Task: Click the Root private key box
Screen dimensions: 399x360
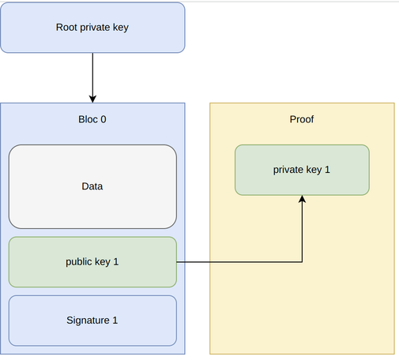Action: click(x=92, y=28)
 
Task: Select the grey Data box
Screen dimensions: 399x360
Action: click(x=92, y=186)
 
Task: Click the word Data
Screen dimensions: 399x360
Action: click(x=92, y=186)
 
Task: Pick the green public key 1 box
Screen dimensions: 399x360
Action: click(x=92, y=262)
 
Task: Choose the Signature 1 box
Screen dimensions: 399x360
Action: click(x=92, y=321)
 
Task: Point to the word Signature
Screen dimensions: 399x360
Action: click(x=88, y=321)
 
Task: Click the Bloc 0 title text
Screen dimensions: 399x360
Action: click(x=92, y=119)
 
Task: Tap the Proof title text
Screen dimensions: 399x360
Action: click(x=302, y=119)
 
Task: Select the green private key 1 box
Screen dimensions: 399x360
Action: click(x=302, y=170)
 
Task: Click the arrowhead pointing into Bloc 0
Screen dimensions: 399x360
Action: click(x=92, y=99)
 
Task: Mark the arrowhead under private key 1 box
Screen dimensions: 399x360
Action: click(x=302, y=199)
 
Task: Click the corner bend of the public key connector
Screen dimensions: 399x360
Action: click(x=302, y=262)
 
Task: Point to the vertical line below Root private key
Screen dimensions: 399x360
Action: click(x=92, y=76)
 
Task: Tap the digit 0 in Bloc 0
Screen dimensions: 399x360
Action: click(x=104, y=119)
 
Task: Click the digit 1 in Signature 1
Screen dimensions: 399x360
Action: click(x=115, y=321)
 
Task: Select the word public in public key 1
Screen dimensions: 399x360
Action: click(x=79, y=262)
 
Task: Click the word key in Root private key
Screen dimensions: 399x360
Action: click(x=121, y=28)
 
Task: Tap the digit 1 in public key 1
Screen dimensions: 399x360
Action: click(x=116, y=261)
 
